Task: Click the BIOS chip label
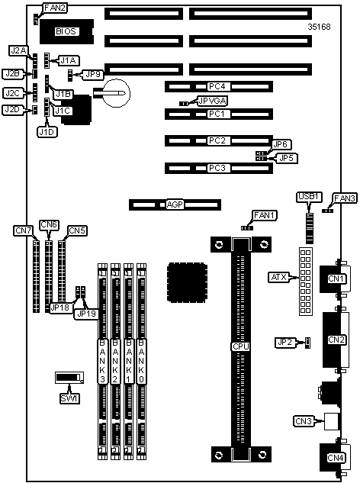pyautogui.click(x=66, y=31)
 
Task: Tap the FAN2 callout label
pyautogui.click(x=55, y=8)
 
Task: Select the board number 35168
pyautogui.click(x=319, y=27)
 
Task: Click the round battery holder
pyautogui.click(x=116, y=93)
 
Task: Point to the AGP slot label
pyautogui.click(x=175, y=204)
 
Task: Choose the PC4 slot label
pyautogui.click(x=217, y=86)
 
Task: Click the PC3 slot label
pyautogui.click(x=217, y=168)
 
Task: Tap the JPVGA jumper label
pyautogui.click(x=213, y=101)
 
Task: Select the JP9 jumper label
pyautogui.click(x=93, y=74)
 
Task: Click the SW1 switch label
pyautogui.click(x=69, y=398)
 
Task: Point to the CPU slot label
pyautogui.click(x=240, y=346)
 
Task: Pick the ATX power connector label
pyautogui.click(x=278, y=277)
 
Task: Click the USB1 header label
pyautogui.click(x=309, y=197)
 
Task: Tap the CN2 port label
pyautogui.click(x=336, y=340)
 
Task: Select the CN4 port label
pyautogui.click(x=336, y=458)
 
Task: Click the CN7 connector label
pyautogui.click(x=24, y=230)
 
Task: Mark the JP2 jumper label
pyautogui.click(x=284, y=343)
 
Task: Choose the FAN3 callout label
pyautogui.click(x=344, y=198)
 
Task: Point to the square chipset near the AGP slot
pyautogui.click(x=187, y=282)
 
